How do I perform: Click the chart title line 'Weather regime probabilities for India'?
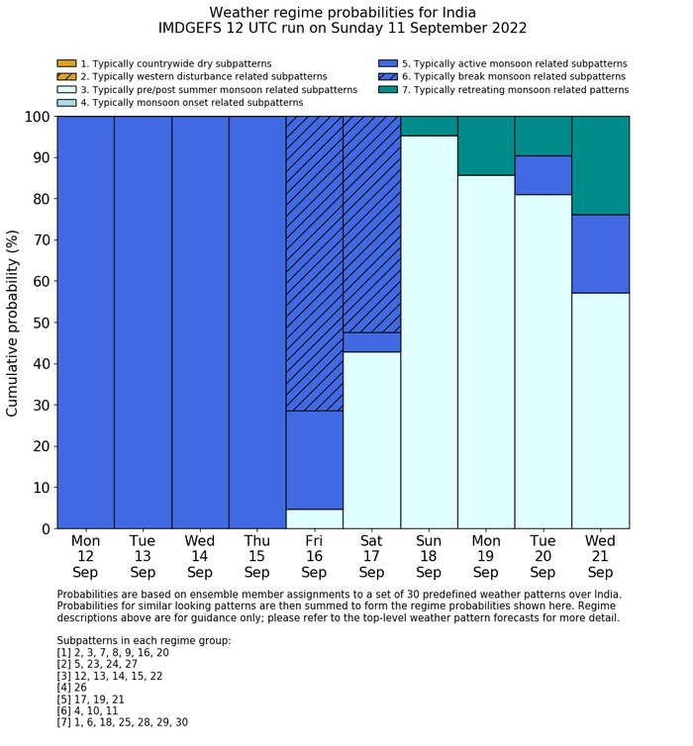pyautogui.click(x=343, y=13)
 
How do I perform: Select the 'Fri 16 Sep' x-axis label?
pyautogui.click(x=314, y=556)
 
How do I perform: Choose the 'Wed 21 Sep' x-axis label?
pyautogui.click(x=601, y=556)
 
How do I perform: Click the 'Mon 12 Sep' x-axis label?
pyautogui.click(x=85, y=556)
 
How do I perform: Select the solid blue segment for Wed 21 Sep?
pyautogui.click(x=601, y=254)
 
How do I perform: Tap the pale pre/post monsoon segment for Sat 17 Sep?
pyautogui.click(x=372, y=440)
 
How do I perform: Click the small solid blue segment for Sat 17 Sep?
pyautogui.click(x=372, y=342)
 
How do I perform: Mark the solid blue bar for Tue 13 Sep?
pyautogui.click(x=143, y=323)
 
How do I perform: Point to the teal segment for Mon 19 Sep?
pyautogui.click(x=486, y=145)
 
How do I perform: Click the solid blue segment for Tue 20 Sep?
pyautogui.click(x=544, y=175)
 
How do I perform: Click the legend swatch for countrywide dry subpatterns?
pyautogui.click(x=66, y=63)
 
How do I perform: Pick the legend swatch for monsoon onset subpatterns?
pyautogui.click(x=66, y=102)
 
